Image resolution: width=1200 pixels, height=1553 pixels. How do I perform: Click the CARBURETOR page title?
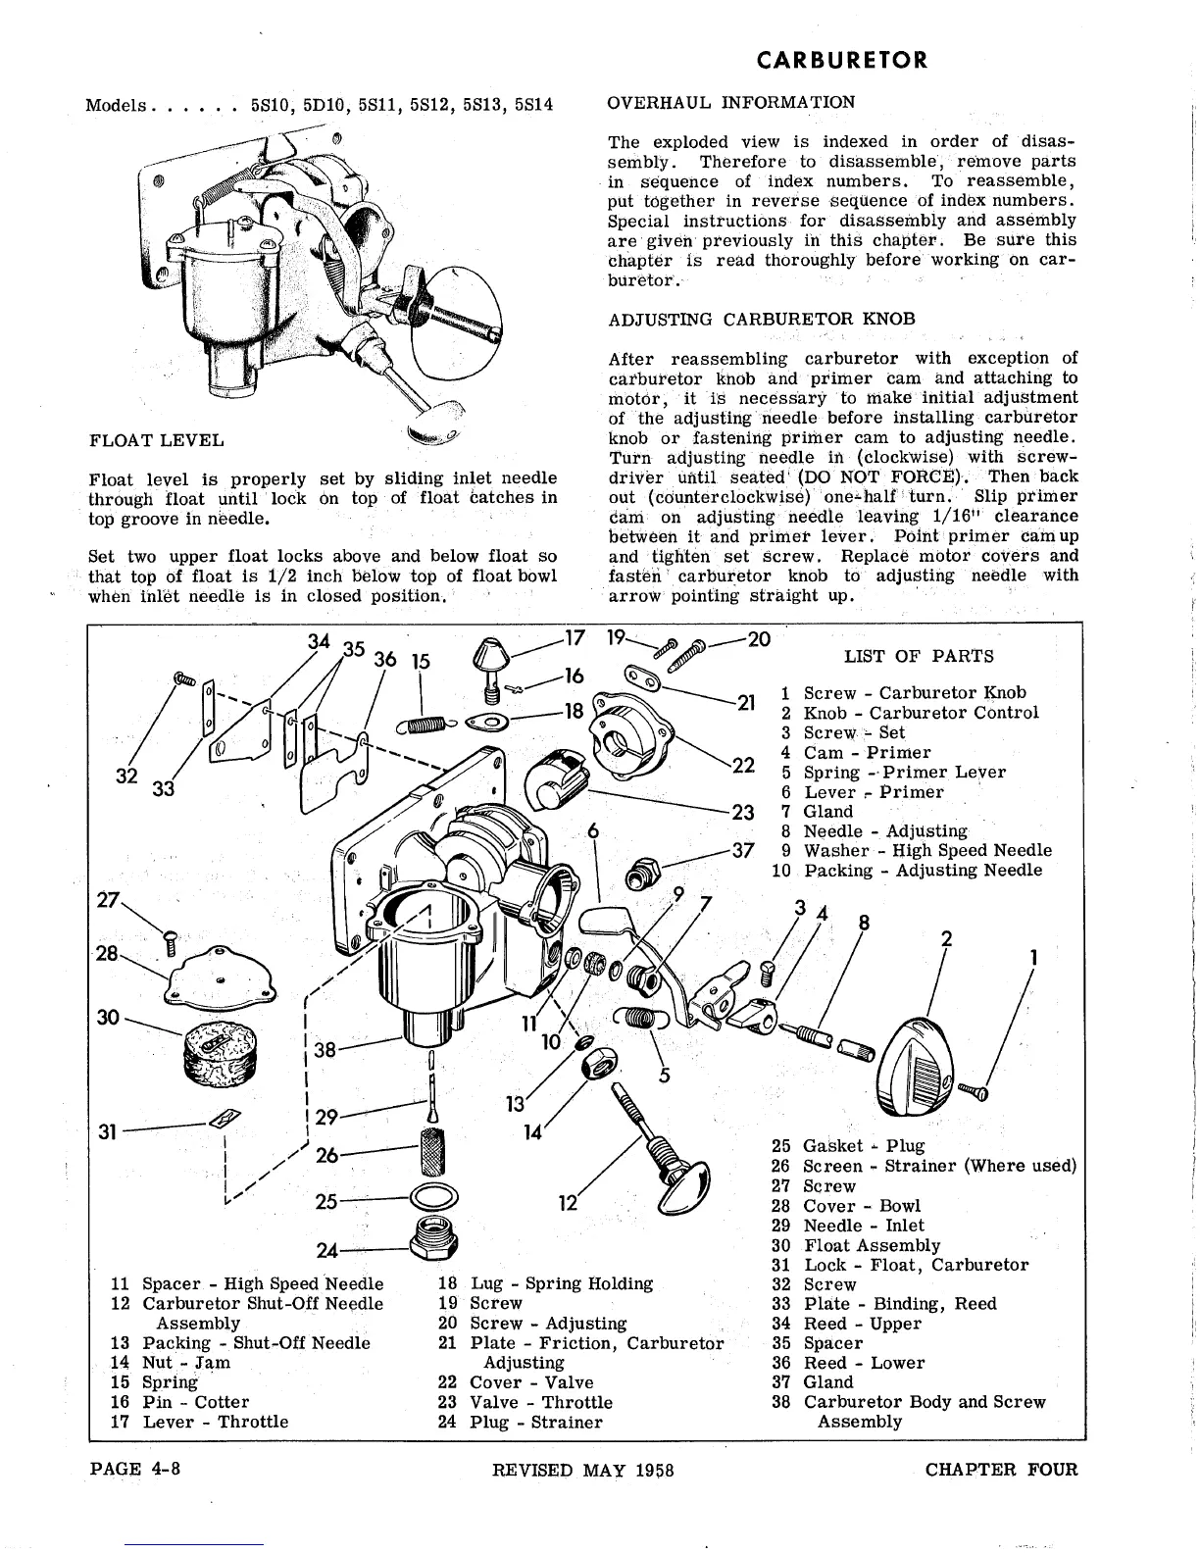click(842, 60)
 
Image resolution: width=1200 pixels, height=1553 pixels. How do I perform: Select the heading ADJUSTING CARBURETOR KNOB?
click(762, 319)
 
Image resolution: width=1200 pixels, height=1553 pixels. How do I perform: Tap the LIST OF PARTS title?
click(918, 656)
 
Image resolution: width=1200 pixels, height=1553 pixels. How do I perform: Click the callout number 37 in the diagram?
click(744, 850)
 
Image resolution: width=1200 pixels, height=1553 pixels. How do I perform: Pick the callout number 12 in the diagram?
click(568, 1202)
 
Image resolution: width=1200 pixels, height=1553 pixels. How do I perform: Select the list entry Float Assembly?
click(871, 1245)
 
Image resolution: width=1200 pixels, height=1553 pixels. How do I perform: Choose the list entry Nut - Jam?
click(186, 1363)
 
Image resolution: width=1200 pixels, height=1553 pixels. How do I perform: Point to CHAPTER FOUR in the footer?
click(1000, 1469)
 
